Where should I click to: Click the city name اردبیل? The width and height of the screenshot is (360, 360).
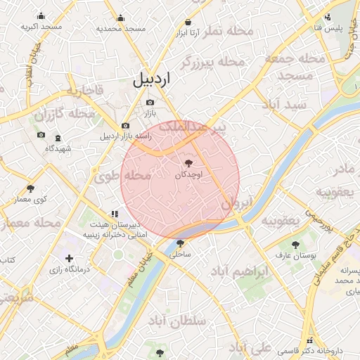(x=150, y=79)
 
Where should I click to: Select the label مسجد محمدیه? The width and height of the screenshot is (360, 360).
(x=121, y=28)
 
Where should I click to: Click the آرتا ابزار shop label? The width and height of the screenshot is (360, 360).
(x=188, y=32)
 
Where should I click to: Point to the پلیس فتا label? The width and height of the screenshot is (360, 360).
(x=327, y=27)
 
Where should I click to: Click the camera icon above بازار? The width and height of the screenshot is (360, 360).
(x=150, y=103)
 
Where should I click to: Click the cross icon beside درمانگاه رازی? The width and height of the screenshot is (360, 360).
(x=69, y=258)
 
